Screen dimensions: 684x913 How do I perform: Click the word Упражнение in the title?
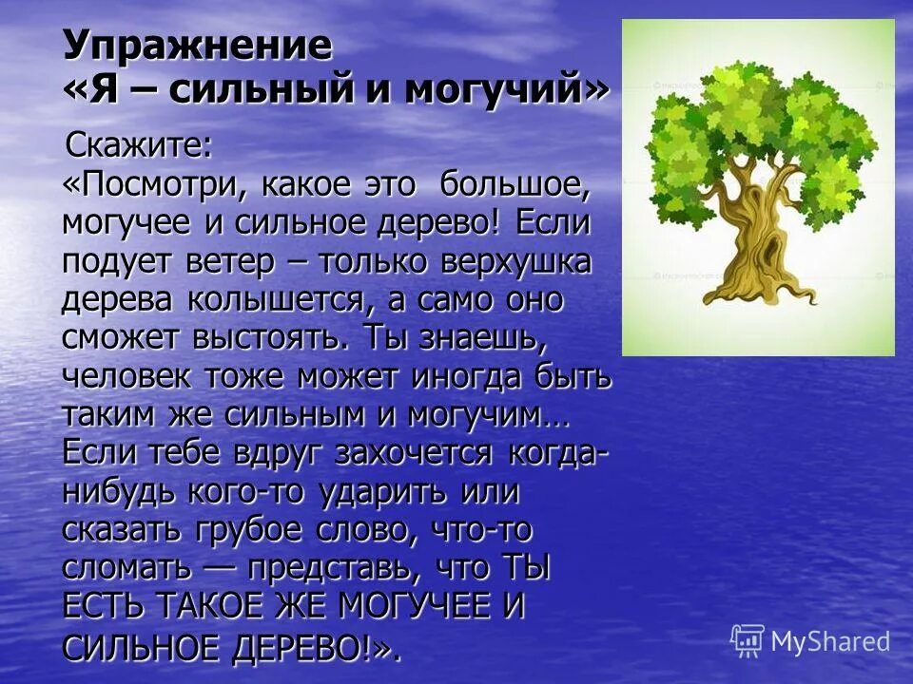pyautogui.click(x=198, y=46)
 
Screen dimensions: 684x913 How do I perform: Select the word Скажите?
pyautogui.click(x=139, y=148)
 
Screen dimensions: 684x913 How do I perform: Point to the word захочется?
pyautogui.click(x=414, y=453)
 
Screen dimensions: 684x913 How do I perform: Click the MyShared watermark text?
pyautogui.click(x=829, y=641)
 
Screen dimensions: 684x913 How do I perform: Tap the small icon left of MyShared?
pyautogui.click(x=748, y=640)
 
